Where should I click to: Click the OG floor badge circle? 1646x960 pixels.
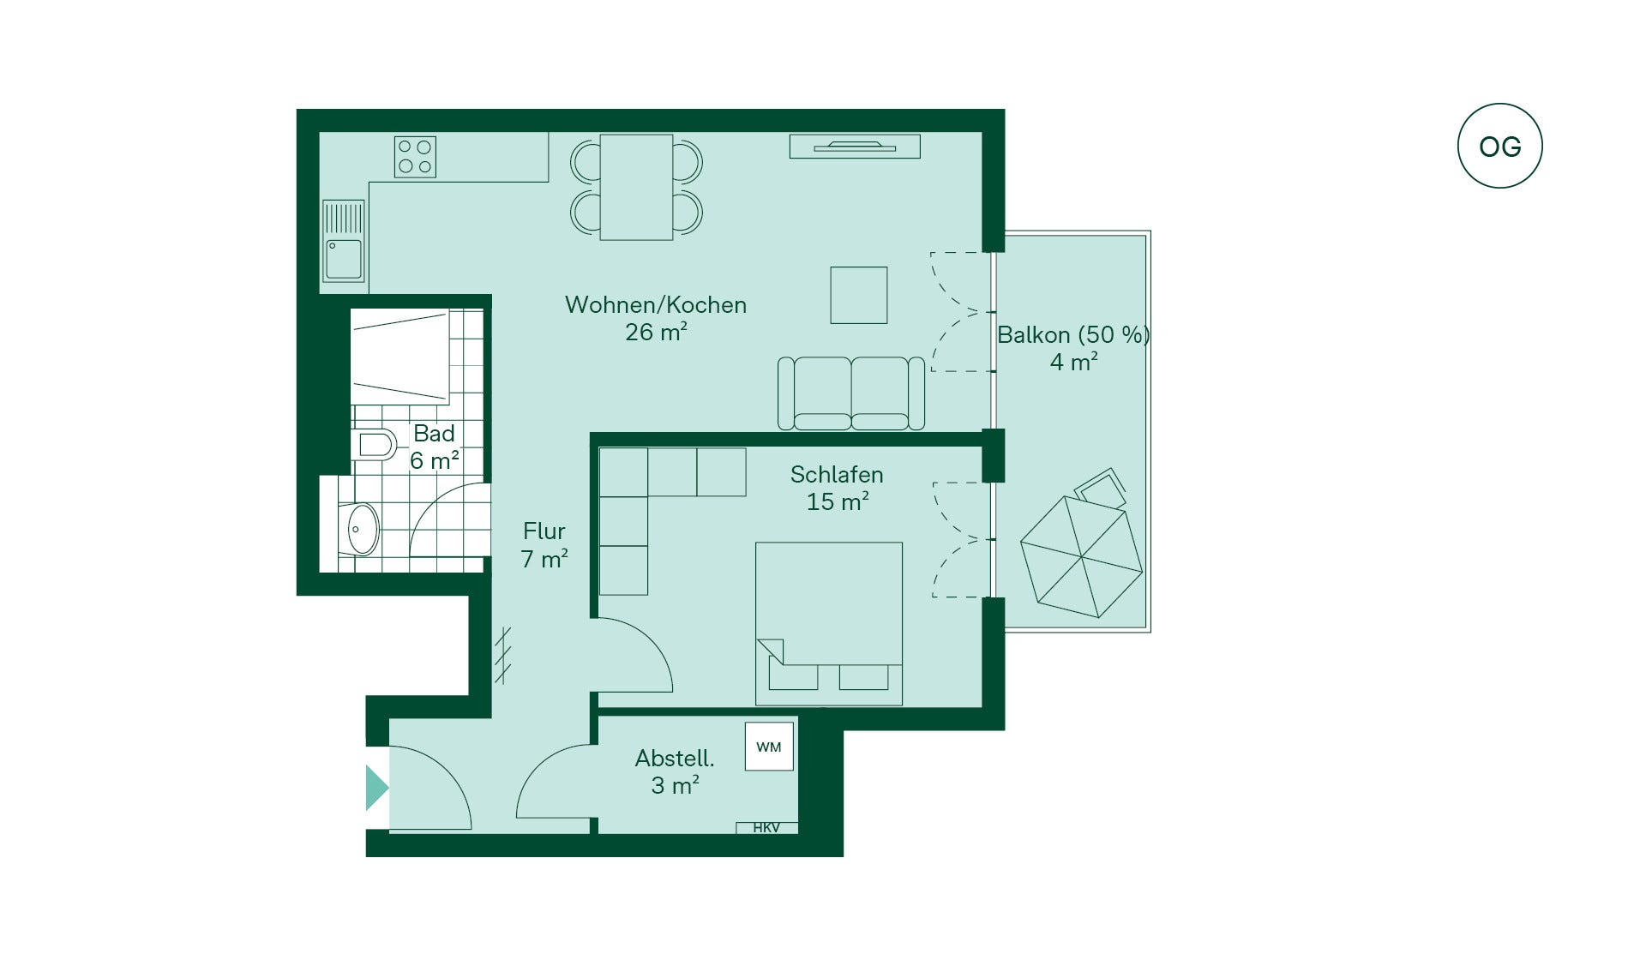1499,105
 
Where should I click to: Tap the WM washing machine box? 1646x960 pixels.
769,747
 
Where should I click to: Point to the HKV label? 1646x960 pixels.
766,828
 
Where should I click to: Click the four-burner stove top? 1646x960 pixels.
415,157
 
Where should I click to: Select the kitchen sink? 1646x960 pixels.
344,241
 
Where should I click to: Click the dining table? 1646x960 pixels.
636,187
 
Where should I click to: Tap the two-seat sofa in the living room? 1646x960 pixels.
851,393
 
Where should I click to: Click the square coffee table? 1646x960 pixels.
858,295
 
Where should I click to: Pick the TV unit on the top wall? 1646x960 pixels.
855,147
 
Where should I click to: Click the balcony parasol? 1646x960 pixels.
1082,557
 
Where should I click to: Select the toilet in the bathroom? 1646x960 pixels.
374,445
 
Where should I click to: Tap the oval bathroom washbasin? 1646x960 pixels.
363,529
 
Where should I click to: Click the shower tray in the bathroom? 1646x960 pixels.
400,357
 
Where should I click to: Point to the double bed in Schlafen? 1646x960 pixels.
828,624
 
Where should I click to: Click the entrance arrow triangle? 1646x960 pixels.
377,788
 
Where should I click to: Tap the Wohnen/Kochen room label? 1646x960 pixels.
656,305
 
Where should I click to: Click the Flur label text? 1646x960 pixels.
544,531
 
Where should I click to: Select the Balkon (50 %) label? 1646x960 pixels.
1073,334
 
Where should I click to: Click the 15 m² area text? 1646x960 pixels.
838,501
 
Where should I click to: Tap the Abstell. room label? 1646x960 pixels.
675,759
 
